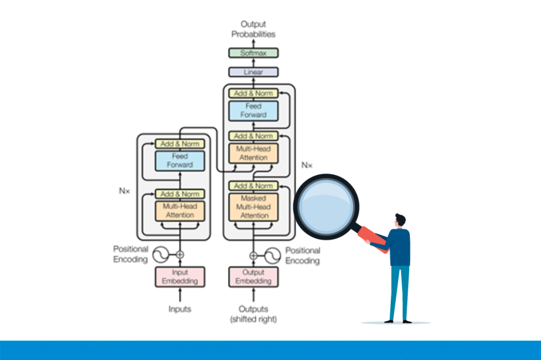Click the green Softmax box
[x=253, y=53]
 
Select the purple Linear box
[x=253, y=72]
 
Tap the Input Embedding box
[x=180, y=277]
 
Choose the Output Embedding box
[x=253, y=277]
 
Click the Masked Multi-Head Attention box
[x=253, y=207]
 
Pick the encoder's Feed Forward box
[x=180, y=161]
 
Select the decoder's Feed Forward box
[x=253, y=111]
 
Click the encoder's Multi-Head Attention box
[x=180, y=211]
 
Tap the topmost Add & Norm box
[x=253, y=93]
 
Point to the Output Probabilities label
[x=253, y=29]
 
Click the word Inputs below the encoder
[x=180, y=309]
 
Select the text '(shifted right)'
[x=253, y=319]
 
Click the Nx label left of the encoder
[x=124, y=191]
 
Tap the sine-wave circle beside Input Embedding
[x=161, y=255]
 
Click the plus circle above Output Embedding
[x=253, y=255]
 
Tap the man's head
[x=400, y=221]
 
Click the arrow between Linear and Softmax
[x=253, y=62]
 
